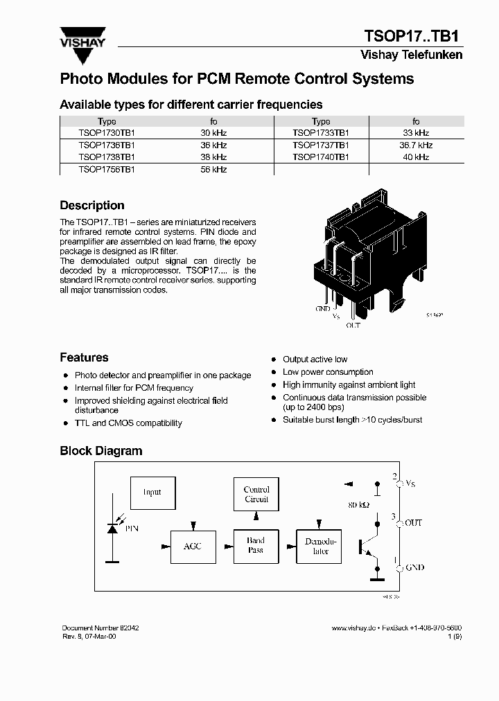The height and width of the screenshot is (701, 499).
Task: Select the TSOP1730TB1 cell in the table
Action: (x=107, y=133)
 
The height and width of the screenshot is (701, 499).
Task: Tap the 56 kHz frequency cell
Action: (x=213, y=170)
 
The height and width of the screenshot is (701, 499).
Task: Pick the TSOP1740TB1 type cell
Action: (x=320, y=157)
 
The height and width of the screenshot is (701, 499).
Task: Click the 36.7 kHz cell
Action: (x=416, y=145)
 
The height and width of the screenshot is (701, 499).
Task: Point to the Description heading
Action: (x=92, y=206)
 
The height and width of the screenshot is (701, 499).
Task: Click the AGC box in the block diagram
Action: (x=193, y=547)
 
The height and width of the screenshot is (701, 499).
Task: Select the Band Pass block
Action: (x=256, y=546)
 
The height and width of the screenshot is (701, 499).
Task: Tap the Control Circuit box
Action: (x=256, y=495)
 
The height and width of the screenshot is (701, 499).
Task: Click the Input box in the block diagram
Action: (x=152, y=493)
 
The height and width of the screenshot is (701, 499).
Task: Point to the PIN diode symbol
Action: (x=112, y=529)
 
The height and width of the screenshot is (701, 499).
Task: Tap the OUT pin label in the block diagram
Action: (x=413, y=523)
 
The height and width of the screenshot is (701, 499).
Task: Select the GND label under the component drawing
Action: (x=323, y=309)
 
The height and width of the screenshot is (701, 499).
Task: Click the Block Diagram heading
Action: (x=101, y=451)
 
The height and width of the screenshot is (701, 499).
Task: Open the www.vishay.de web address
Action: (x=353, y=628)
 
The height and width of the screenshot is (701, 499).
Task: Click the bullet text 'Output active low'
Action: (x=315, y=360)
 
